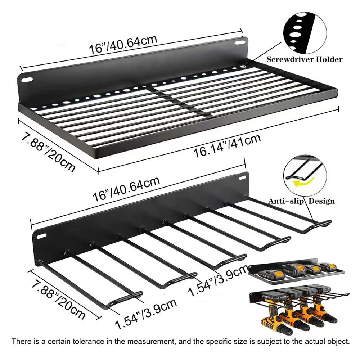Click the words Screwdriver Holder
pyautogui.click(x=304, y=59)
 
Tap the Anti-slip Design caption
pyautogui.click(x=301, y=201)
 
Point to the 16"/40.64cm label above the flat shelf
pyautogui.click(x=123, y=45)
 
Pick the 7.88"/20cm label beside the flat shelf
pyautogui.click(x=48, y=153)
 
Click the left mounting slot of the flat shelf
pyautogui.click(x=27, y=80)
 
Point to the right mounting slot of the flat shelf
pyautogui.click(x=240, y=43)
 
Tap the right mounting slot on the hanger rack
pyautogui.click(x=242, y=178)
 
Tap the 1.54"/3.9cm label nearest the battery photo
pyautogui.click(x=219, y=280)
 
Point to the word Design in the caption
pyautogui.click(x=321, y=201)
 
